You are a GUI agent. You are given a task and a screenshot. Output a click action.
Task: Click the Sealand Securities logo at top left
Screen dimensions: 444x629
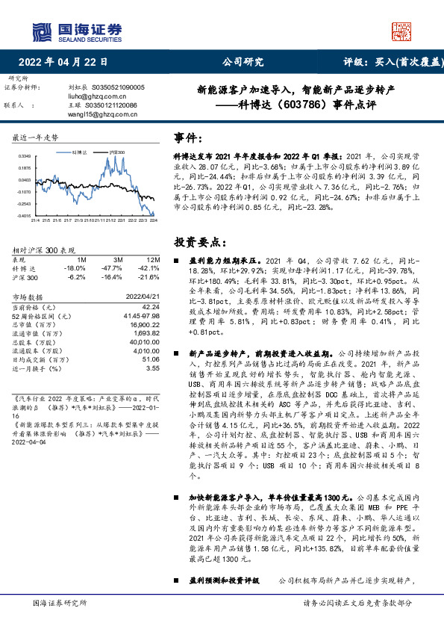click(75, 31)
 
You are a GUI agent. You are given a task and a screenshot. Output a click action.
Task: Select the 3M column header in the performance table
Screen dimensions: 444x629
click(118, 258)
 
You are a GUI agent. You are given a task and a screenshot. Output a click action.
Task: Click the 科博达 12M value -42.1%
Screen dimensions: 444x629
click(149, 267)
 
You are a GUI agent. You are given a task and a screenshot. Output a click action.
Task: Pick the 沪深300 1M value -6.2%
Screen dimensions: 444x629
click(77, 276)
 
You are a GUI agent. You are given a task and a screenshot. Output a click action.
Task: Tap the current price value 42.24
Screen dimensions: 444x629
click(151, 306)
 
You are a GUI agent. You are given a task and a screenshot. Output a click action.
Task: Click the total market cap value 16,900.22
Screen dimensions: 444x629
click(145, 326)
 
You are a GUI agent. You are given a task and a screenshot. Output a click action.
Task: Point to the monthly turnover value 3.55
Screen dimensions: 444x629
click(153, 368)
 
